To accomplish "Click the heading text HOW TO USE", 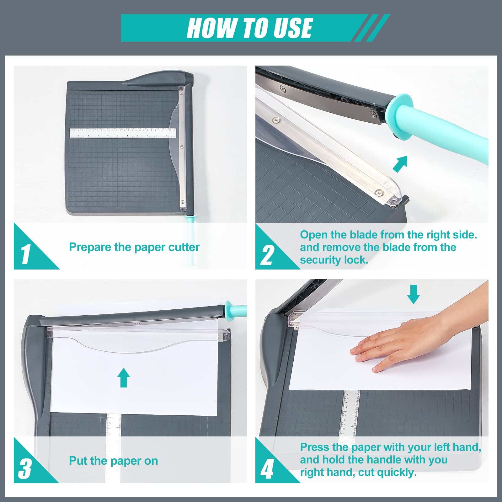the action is tap(250, 28).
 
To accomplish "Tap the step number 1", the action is tap(26, 254).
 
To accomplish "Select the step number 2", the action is tap(267, 255).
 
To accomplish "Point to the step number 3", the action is tap(25, 469).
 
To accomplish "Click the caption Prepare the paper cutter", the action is tap(134, 247).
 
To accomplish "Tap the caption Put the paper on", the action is tap(114, 461).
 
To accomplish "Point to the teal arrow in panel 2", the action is tap(400, 164).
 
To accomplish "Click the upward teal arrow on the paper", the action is tap(124, 377).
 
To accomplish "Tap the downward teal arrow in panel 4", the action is tap(414, 294).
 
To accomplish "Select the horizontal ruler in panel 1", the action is tap(123, 133).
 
